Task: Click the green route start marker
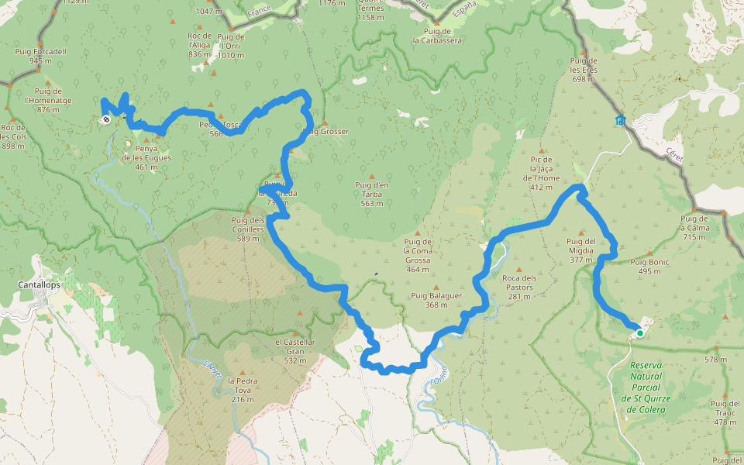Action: pos(640,333)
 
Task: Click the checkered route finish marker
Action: pos(105,119)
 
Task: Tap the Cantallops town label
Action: pos(39,284)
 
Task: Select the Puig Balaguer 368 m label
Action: pos(436,300)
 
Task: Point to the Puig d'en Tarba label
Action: pos(371,194)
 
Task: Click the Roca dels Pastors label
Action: pos(518,282)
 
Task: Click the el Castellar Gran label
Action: pos(294,351)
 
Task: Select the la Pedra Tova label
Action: pos(243,390)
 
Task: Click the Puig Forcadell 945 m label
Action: pos(40,56)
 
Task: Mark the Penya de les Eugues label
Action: pos(146,153)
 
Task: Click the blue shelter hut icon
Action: pos(621,119)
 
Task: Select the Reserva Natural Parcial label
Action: pos(650,387)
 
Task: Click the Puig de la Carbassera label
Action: pos(437,36)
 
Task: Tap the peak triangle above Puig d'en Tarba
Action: pos(371,176)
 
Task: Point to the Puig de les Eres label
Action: pos(583,70)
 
